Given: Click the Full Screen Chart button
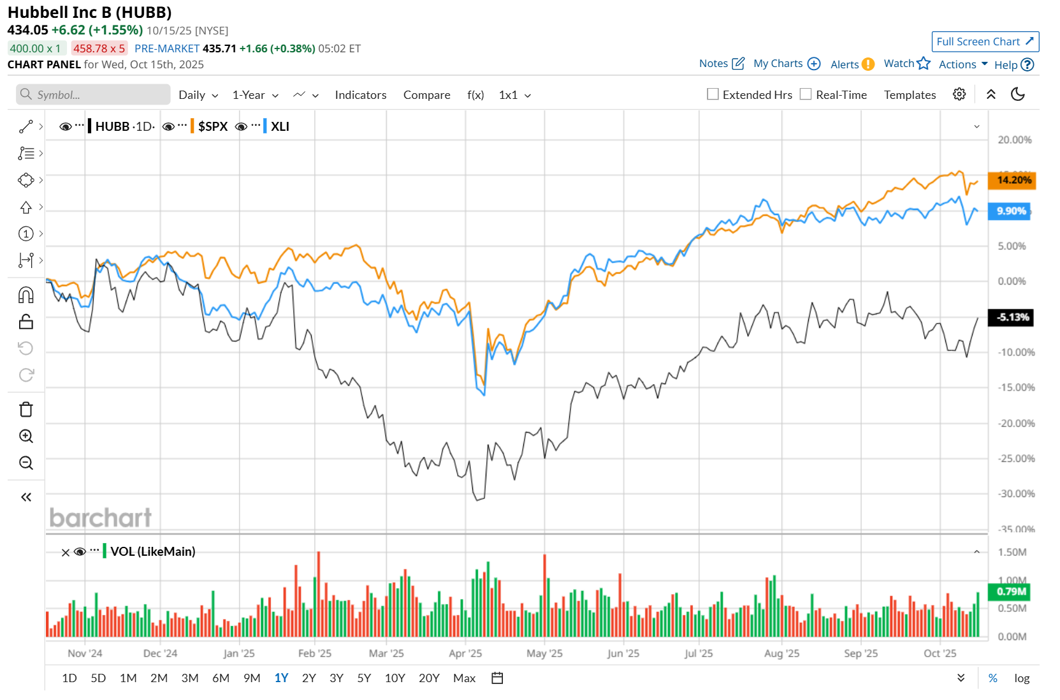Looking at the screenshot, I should (x=985, y=41).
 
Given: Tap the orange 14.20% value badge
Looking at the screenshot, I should (x=1012, y=180).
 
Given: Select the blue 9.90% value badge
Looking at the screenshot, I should (x=1010, y=211).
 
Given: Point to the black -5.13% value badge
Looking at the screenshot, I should (x=1011, y=317).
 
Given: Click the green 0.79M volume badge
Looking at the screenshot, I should (x=1010, y=592).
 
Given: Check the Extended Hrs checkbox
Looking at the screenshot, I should (x=713, y=94).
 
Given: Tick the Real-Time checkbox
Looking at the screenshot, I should (x=806, y=94).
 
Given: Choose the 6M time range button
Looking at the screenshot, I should (x=221, y=678).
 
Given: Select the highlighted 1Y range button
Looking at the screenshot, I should (x=281, y=678).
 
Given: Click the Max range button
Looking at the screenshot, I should (x=464, y=678).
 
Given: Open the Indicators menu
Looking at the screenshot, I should (x=360, y=95).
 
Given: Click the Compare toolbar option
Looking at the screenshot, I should (x=426, y=95).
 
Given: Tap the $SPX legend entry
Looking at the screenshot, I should (x=213, y=126).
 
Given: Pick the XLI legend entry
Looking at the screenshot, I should (x=280, y=126).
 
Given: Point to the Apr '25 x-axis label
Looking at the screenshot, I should (x=465, y=653).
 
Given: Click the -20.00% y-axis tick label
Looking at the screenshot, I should (x=1016, y=423).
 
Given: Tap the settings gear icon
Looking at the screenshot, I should (x=959, y=94).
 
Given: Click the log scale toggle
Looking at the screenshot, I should (x=1022, y=678).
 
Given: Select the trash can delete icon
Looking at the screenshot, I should (x=26, y=410).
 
